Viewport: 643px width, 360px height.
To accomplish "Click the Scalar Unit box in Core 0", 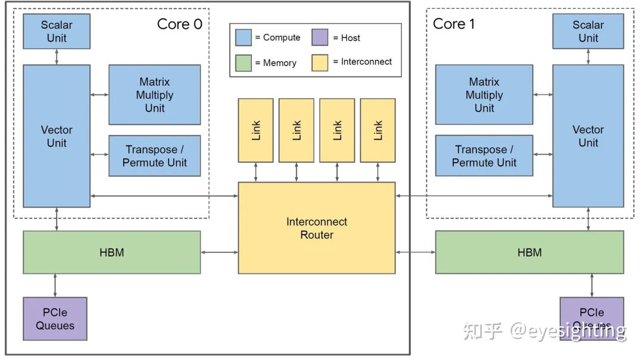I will click(57, 32).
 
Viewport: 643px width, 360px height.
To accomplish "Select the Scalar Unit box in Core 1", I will click(588, 32).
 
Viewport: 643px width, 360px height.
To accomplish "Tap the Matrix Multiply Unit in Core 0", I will click(154, 95).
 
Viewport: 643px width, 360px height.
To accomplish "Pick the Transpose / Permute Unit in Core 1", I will click(483, 156).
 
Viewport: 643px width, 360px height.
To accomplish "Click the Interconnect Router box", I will click(316, 228).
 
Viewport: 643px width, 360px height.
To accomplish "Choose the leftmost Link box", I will click(256, 130).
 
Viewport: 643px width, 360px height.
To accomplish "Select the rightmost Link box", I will click(377, 130).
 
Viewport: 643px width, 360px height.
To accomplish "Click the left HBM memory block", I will click(111, 252).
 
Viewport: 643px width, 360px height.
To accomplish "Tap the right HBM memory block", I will click(529, 252).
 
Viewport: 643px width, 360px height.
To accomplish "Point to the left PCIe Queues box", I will click(55, 319).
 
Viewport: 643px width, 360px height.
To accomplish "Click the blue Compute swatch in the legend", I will click(244, 37).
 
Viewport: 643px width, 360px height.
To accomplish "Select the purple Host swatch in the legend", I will click(320, 37).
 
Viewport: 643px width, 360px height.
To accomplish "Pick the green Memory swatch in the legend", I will click(244, 62).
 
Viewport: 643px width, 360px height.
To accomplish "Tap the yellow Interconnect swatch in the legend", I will click(320, 62).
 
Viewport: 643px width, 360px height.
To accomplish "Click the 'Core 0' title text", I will click(179, 24).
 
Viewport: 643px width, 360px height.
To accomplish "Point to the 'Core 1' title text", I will click(454, 24).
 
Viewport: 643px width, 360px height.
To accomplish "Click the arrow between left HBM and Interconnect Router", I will click(219, 252).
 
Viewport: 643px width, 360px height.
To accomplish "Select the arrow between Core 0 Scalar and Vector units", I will click(57, 57).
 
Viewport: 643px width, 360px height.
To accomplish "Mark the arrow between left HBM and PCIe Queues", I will click(55, 285).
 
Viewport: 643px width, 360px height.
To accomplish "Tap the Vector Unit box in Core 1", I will click(588, 136).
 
